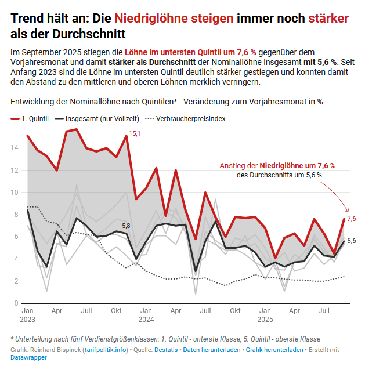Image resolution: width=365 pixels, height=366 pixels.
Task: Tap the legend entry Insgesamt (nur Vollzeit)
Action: tap(102, 118)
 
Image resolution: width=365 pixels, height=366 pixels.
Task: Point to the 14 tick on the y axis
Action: tap(15, 148)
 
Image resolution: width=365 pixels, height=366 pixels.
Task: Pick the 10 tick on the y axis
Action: tap(15, 192)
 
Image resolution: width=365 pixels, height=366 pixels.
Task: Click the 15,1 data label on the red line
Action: tap(134, 134)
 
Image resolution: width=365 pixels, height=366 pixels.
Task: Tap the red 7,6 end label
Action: tap(352, 219)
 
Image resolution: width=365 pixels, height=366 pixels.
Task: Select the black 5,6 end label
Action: tap(352, 241)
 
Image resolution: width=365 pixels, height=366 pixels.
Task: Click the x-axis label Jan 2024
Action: tap(146, 315)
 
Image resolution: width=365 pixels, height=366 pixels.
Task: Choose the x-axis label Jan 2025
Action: tap(265, 315)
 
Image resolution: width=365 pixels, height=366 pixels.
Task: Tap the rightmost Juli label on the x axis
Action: tap(324, 311)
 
